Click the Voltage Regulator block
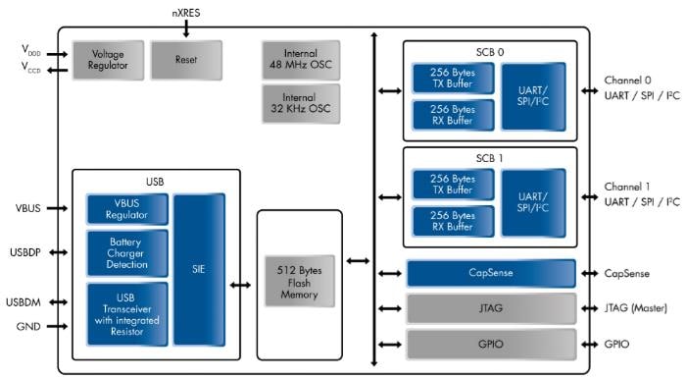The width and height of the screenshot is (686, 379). tap(107, 60)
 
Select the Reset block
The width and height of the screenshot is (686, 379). tap(185, 60)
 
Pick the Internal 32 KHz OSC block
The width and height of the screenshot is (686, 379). tap(301, 103)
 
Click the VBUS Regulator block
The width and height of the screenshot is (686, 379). tap(127, 209)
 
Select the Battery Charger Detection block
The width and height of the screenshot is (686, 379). tap(127, 253)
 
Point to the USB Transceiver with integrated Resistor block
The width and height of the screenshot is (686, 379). tap(127, 313)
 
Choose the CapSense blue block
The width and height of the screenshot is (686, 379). tap(490, 274)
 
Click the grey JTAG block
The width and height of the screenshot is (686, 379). tap(490, 308)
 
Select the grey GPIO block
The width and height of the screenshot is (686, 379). tap(490, 344)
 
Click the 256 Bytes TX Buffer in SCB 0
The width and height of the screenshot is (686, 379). tap(453, 79)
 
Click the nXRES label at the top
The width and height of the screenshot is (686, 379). tap(185, 15)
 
